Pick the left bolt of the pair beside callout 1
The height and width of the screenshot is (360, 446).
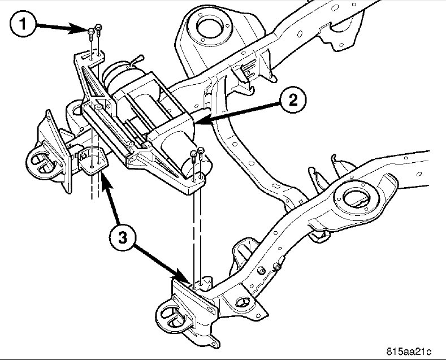click(91, 35)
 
